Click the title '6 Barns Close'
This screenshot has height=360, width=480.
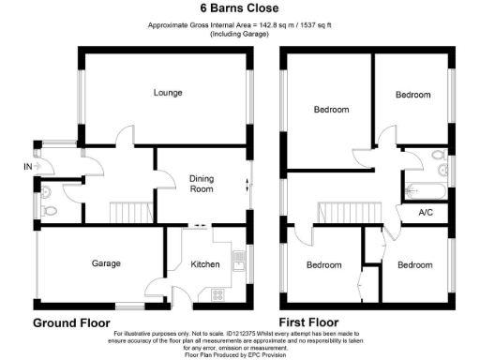click(240, 7)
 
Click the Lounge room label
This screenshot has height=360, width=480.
click(168, 93)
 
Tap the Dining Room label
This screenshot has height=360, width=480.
click(202, 183)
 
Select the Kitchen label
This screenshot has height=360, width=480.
click(205, 264)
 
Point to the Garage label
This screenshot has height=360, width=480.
click(106, 263)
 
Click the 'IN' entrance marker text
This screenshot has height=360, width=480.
click(26, 167)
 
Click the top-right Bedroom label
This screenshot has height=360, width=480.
click(412, 95)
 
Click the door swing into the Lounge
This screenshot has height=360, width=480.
click(123, 138)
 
